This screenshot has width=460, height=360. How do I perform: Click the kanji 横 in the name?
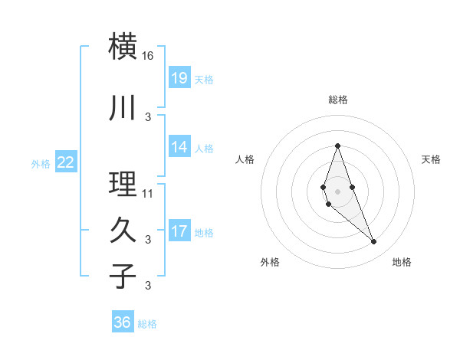[x=123, y=47]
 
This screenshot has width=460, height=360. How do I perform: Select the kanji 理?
[x=123, y=185]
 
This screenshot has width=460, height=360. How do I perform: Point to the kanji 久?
[x=123, y=231]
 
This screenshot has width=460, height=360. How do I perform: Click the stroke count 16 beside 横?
[x=148, y=56]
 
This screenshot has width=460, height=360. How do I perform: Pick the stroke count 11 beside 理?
[x=148, y=193]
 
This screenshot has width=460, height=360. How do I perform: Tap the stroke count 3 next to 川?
[x=148, y=116]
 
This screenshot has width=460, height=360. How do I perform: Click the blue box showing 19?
[x=179, y=78]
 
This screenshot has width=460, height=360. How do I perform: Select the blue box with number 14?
[x=179, y=147]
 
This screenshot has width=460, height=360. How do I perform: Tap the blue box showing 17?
[x=179, y=231]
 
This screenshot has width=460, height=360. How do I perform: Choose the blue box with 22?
[x=66, y=162]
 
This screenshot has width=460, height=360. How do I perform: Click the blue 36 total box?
[x=123, y=322]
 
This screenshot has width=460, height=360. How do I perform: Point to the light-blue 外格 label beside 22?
[x=41, y=163]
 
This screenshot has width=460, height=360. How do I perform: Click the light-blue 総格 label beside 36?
[x=147, y=324]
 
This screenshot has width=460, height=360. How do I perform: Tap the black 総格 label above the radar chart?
[x=338, y=100]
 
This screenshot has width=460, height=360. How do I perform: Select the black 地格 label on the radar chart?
[x=402, y=262]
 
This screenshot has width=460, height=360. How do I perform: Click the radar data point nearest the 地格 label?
[x=373, y=242]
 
